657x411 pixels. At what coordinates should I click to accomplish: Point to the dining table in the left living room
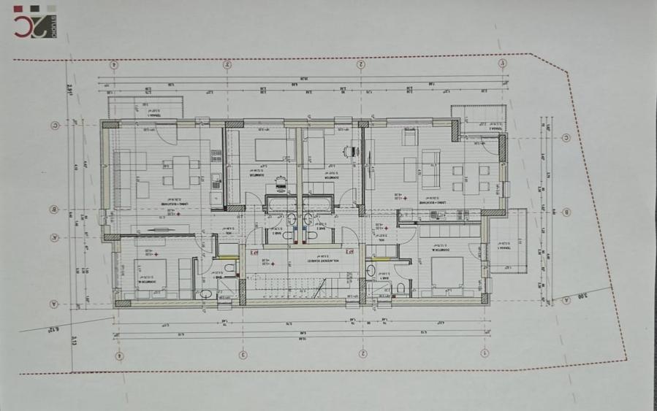(176, 171)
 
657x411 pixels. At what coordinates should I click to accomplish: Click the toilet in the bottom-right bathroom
(401, 289)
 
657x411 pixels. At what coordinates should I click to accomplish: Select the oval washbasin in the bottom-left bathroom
(207, 293)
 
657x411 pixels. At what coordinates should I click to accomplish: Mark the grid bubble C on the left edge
(54, 125)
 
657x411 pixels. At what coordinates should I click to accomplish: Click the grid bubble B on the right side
(566, 212)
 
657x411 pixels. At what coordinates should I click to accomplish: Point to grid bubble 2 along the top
(360, 64)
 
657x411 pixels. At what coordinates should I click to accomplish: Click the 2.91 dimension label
(68, 90)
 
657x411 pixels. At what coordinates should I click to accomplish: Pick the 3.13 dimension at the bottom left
(75, 337)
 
